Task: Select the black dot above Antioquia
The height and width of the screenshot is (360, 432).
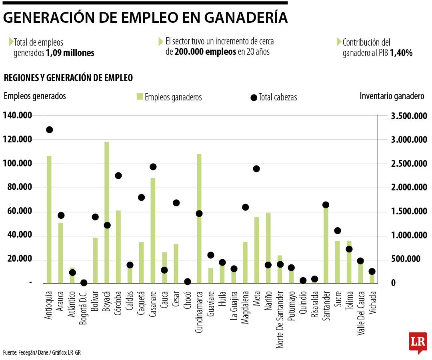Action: coord(50,130)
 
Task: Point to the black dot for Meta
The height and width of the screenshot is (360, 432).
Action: coord(256,169)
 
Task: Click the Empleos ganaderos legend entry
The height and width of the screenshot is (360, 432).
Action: coord(169,97)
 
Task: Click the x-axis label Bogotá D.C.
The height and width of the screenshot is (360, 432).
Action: coord(84,308)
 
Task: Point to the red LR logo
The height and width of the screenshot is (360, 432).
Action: coord(418,342)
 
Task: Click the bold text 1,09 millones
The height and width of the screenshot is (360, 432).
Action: coord(70,53)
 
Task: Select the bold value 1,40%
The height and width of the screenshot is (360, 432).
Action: coord(401,53)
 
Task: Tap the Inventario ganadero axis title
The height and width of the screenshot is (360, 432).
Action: coord(392,96)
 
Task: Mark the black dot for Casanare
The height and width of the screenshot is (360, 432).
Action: coord(153,167)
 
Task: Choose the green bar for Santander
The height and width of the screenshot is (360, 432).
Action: coord(326,244)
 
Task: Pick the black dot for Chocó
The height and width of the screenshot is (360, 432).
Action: coord(187,282)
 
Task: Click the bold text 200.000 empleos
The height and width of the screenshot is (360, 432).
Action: coord(205,52)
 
